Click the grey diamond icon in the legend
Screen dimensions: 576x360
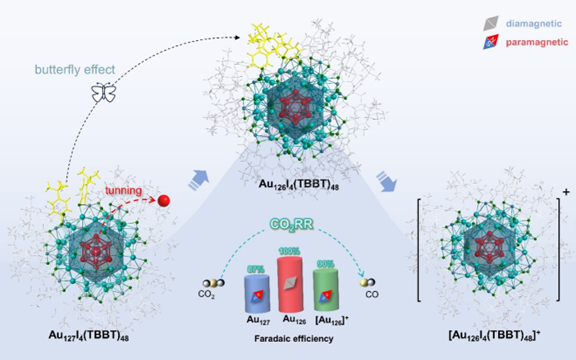(x=478, y=19)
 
